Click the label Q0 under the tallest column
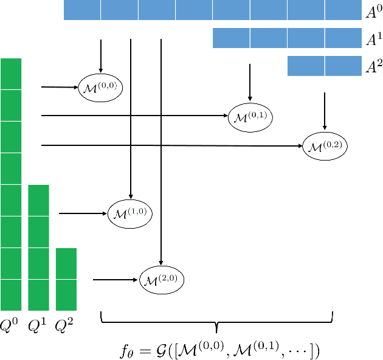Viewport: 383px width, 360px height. pyautogui.click(x=11, y=326)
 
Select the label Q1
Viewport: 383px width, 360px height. pyautogui.click(x=38, y=326)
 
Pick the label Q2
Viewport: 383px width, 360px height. pyautogui.click(x=66, y=326)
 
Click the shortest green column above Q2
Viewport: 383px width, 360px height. pyautogui.click(x=66, y=279)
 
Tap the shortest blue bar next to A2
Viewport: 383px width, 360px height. pyautogui.click(x=325, y=66)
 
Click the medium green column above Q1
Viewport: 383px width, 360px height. pyautogui.click(x=38, y=247)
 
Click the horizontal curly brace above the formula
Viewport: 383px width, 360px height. pyautogui.click(x=217, y=320)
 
